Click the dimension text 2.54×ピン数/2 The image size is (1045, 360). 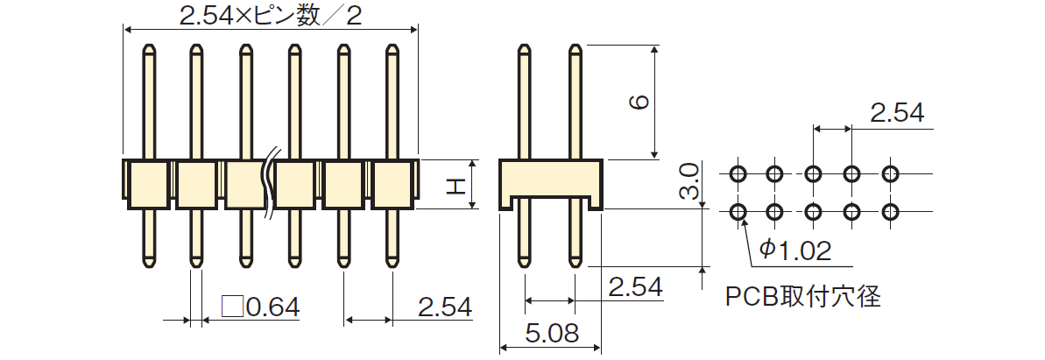[271, 16]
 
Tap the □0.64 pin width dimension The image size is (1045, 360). [260, 307]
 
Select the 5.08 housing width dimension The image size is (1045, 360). [550, 333]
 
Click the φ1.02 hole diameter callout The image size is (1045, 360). [795, 251]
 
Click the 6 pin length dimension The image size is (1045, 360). [639, 102]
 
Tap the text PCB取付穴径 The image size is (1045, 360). [803, 297]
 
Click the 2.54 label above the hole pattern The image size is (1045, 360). [897, 114]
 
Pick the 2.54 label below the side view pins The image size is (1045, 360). [636, 287]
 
